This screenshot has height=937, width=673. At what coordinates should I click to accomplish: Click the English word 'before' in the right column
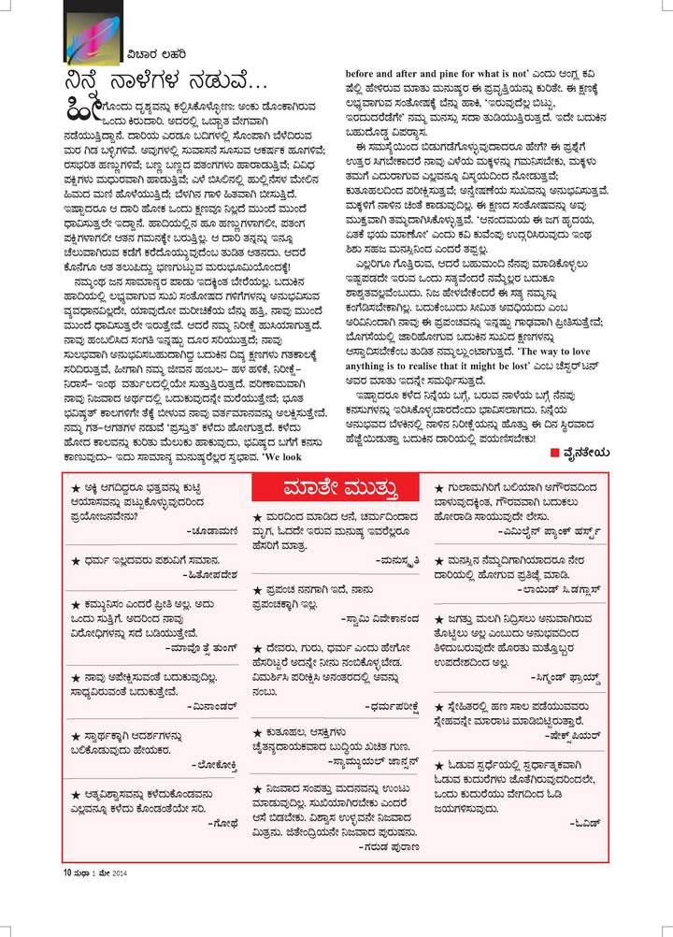pyautogui.click(x=363, y=72)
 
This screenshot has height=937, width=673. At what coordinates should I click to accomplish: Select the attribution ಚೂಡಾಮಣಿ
pyautogui.click(x=218, y=527)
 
